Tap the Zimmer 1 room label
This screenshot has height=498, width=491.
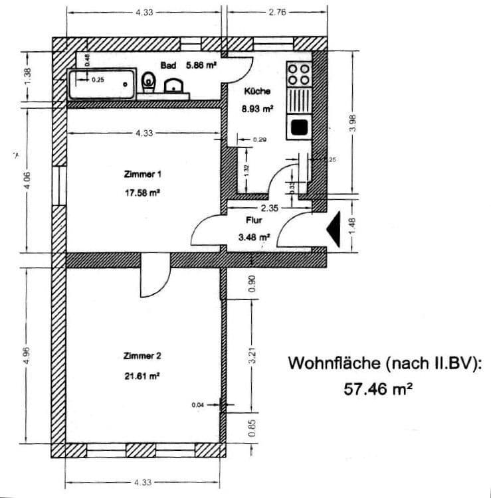tap(143, 174)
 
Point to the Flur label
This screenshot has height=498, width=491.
tap(253, 220)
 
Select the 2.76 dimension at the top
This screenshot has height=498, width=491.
tap(277, 13)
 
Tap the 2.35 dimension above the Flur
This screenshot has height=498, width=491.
tap(269, 208)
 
